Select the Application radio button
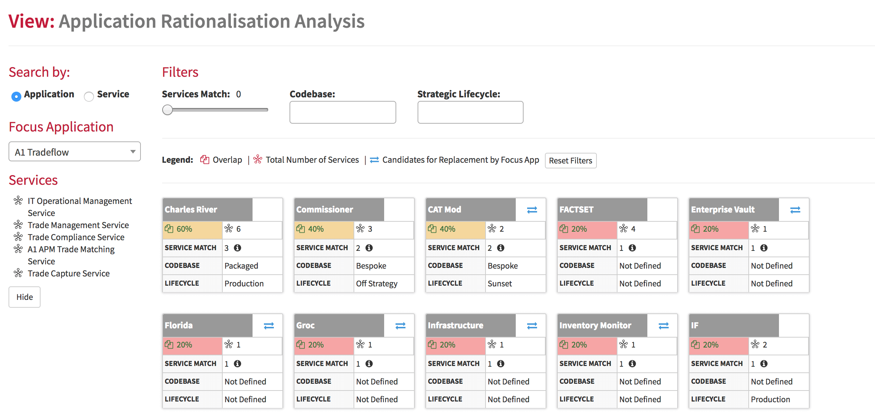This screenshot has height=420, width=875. pyautogui.click(x=16, y=96)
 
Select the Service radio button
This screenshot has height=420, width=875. pyautogui.click(x=89, y=96)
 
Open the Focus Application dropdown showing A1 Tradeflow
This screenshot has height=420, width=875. pyautogui.click(x=75, y=152)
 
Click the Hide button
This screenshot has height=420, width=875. pyautogui.click(x=25, y=297)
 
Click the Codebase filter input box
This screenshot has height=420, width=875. pyautogui.click(x=343, y=112)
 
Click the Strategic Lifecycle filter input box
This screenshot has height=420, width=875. pyautogui.click(x=470, y=112)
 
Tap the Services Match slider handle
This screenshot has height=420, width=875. pyautogui.click(x=168, y=110)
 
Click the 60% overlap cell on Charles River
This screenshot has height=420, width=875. pyautogui.click(x=192, y=229)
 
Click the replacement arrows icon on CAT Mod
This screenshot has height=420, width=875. pyautogui.click(x=532, y=210)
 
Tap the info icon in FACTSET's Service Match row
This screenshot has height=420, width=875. pyautogui.click(x=632, y=248)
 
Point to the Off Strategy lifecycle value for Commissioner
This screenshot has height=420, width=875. pyautogui.click(x=377, y=284)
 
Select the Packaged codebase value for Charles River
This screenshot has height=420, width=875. pyautogui.click(x=241, y=266)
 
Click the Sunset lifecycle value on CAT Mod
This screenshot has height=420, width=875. pyautogui.click(x=500, y=284)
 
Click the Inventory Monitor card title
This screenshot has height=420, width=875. pyautogui.click(x=595, y=325)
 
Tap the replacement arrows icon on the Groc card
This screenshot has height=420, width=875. pyautogui.click(x=401, y=326)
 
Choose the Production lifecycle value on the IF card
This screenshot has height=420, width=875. pyautogui.click(x=770, y=399)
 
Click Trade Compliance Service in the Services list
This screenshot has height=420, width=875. pyautogui.click(x=76, y=237)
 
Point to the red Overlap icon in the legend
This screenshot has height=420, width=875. pyautogui.click(x=205, y=160)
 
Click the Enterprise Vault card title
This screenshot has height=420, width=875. pyautogui.click(x=722, y=210)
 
